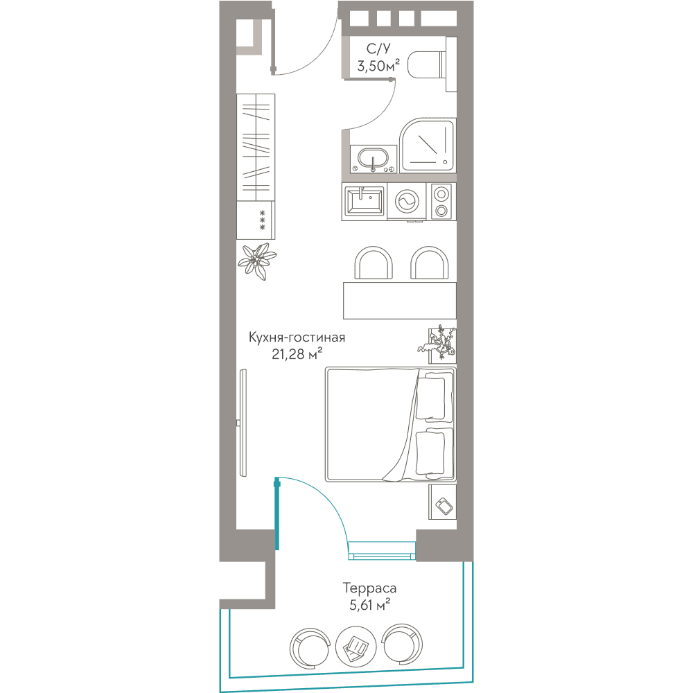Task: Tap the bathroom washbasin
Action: pos(374,159)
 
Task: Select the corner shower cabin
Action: pos(428,146)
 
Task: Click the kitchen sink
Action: pos(365,202)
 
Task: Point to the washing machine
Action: pos(406,202)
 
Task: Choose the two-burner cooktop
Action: pos(441,202)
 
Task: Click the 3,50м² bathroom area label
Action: pos(379,67)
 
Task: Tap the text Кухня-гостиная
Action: pos(297,337)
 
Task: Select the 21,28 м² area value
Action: pos(297,354)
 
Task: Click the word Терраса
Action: pos(369,588)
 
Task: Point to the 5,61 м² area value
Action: pos(369,604)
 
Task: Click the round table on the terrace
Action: pos(356,646)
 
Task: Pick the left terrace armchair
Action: pos(310,647)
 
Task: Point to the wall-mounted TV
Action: pos(243,423)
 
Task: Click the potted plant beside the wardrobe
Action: pos(257,261)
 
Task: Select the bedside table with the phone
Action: pos(442,502)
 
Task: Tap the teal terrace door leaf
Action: pos(277,514)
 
